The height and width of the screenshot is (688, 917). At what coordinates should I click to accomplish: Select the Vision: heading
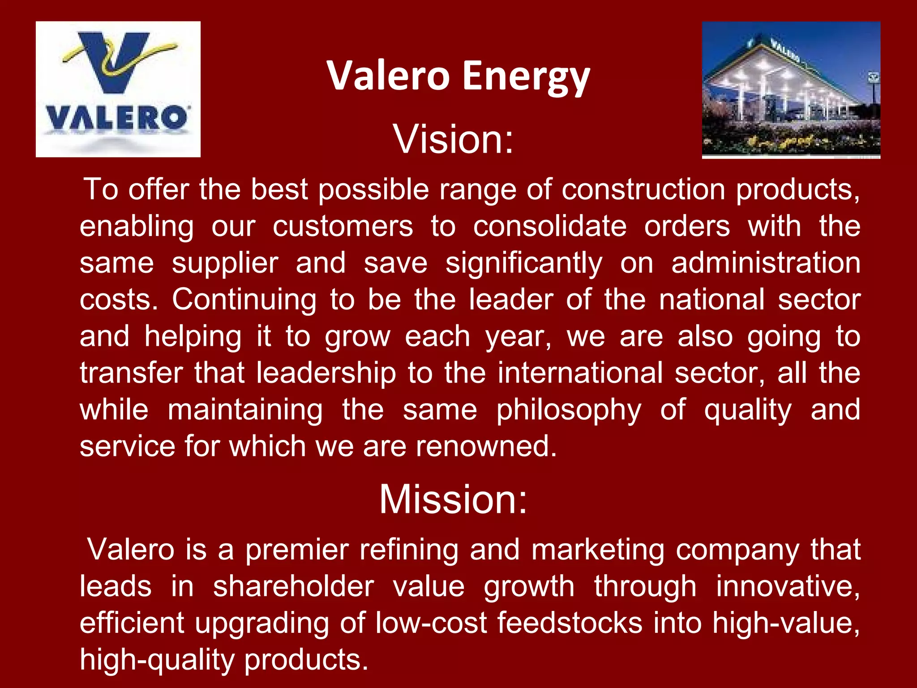pyautogui.click(x=453, y=139)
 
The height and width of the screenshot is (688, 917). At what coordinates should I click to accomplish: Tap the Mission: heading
pyautogui.click(x=453, y=499)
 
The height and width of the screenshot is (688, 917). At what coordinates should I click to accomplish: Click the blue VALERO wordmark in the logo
pyautogui.click(x=117, y=119)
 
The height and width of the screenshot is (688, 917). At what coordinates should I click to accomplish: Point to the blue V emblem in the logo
pyautogui.click(x=117, y=60)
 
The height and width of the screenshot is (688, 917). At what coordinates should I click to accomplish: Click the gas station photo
pyautogui.click(x=791, y=89)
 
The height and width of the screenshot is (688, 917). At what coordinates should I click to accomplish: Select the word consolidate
pyautogui.click(x=550, y=226)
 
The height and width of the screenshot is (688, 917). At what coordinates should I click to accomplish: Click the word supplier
pyautogui.click(x=225, y=263)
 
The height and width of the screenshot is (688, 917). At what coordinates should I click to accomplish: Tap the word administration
pyautogui.click(x=766, y=263)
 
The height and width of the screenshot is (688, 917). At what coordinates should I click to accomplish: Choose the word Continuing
pyautogui.click(x=244, y=300)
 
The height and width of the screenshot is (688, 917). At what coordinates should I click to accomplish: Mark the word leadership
pyautogui.click(x=326, y=373)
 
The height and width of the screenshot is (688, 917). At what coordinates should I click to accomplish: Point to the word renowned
pyautogui.click(x=486, y=447)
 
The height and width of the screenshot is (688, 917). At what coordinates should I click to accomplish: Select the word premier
pyautogui.click(x=297, y=550)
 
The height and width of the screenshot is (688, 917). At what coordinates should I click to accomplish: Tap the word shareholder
pyautogui.click(x=293, y=587)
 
